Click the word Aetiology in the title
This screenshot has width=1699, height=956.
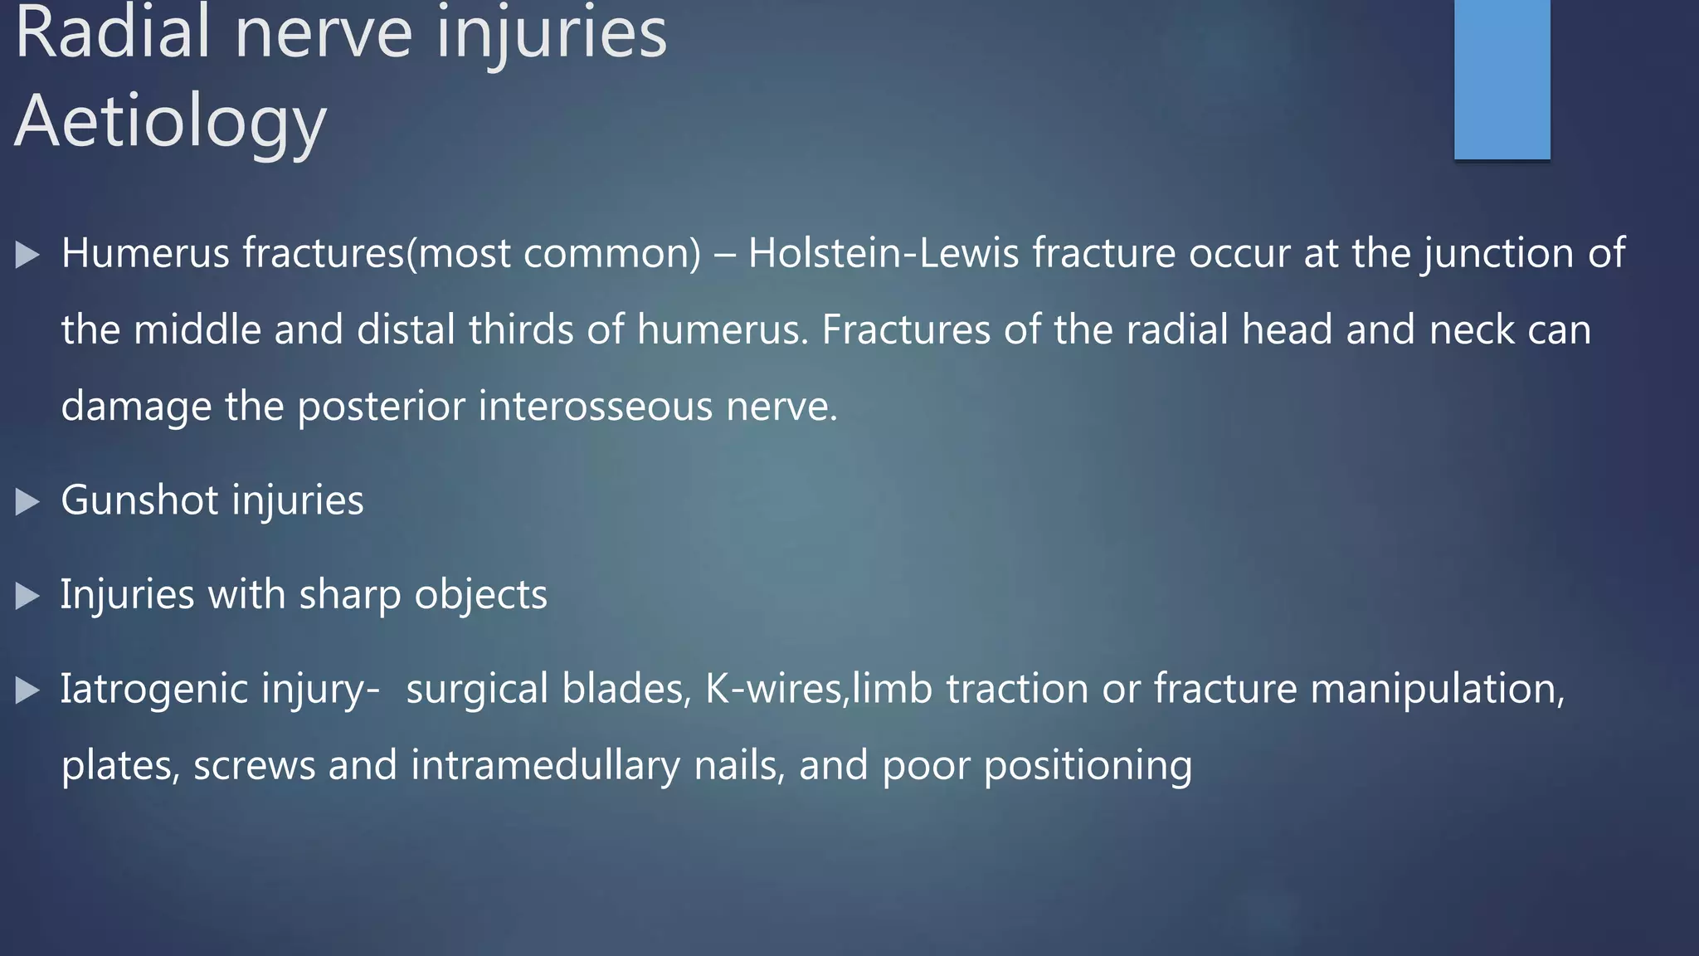170,122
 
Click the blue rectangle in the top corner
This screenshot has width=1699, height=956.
1502,79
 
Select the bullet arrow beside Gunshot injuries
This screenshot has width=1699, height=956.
27,501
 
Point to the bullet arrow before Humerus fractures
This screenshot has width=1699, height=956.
27,254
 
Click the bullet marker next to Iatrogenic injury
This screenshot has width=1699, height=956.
27,690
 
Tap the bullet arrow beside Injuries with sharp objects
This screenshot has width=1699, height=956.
27,596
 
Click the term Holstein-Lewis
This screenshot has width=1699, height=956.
883,253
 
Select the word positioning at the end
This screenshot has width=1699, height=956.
1088,765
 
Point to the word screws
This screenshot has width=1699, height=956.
254,765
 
